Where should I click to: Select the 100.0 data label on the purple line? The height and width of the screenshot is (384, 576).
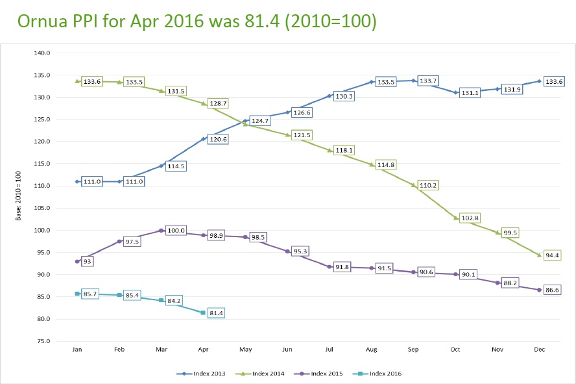point(176,231)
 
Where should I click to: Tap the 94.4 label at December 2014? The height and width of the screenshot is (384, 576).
point(553,255)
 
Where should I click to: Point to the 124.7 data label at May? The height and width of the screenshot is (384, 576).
point(261,121)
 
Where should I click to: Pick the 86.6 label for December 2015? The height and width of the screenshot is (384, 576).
point(553,289)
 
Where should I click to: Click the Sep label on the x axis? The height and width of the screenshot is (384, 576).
point(413,350)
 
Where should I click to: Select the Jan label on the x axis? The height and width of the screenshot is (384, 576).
point(77,350)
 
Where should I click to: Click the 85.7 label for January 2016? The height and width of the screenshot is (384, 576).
point(91,294)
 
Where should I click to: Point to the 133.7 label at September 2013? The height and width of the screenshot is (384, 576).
point(429,81)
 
